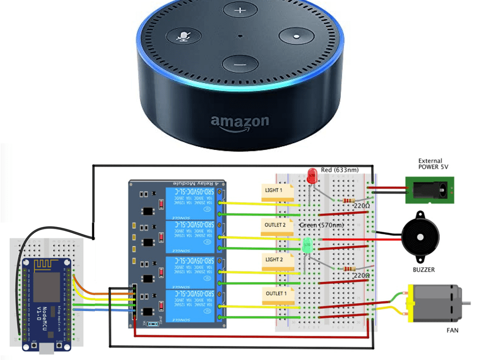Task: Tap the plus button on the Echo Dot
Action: (x=239, y=11)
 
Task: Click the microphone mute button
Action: (x=183, y=37)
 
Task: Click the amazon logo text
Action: (x=239, y=122)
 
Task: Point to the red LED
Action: (x=311, y=176)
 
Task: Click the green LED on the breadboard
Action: (x=308, y=245)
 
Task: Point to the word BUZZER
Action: (x=423, y=270)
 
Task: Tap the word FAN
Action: (x=452, y=330)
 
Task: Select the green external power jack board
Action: (x=430, y=190)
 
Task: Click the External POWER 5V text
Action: (x=430, y=164)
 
